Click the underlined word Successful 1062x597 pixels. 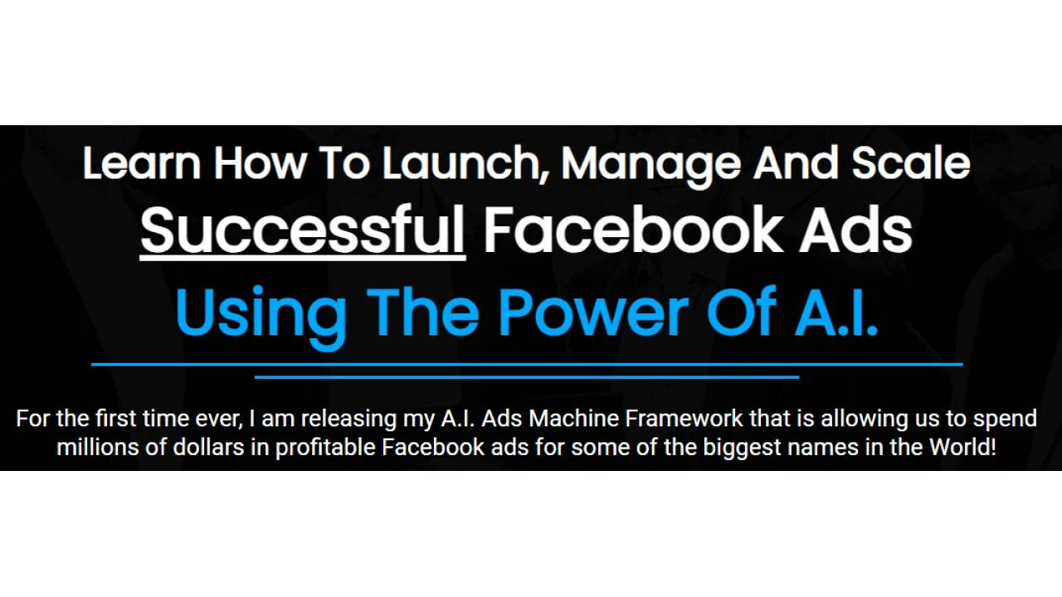tap(302, 230)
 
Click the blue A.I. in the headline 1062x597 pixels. tap(835, 311)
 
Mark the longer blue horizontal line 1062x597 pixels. tap(527, 364)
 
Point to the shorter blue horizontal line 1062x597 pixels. tap(527, 377)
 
